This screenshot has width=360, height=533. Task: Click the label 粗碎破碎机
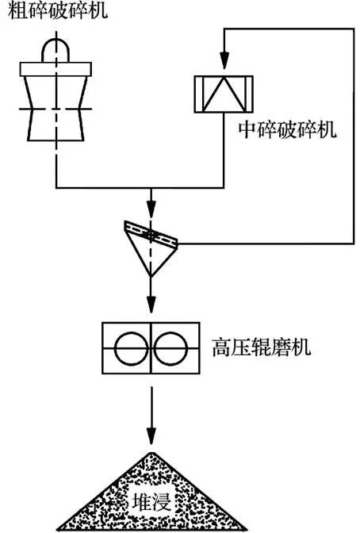(57, 10)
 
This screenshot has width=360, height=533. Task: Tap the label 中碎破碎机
(288, 129)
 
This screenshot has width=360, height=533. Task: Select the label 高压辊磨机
(262, 347)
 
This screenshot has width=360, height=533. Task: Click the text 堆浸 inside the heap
(151, 501)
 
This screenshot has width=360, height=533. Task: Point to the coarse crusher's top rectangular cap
(56, 69)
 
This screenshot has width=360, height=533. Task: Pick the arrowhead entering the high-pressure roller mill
(151, 305)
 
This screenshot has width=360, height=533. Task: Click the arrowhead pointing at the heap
(151, 435)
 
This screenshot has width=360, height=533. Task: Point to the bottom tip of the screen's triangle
(151, 277)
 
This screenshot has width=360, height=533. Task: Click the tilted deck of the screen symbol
(151, 236)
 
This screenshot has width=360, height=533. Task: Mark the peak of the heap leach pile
(152, 453)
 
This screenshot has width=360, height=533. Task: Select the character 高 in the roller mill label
(222, 347)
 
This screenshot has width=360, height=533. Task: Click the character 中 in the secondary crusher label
(247, 129)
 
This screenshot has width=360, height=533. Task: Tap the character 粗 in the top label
(17, 10)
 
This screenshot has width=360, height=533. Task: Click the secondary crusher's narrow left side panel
(198, 94)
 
